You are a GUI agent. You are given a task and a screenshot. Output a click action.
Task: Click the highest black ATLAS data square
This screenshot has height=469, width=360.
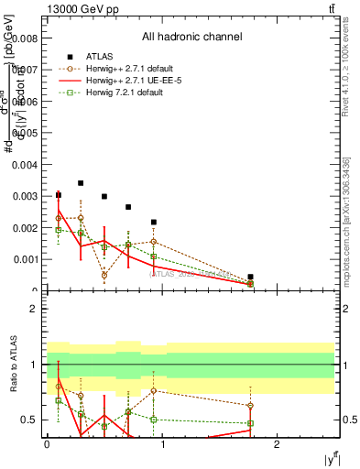point(81,183)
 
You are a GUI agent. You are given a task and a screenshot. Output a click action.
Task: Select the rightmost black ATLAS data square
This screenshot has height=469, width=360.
point(250,277)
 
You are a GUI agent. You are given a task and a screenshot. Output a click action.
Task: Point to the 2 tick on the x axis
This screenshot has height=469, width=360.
point(278,443)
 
